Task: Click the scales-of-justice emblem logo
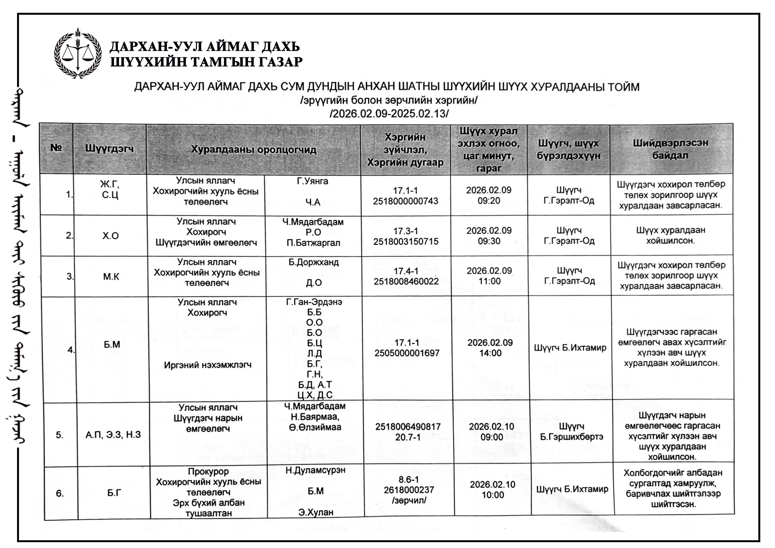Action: pos(77,53)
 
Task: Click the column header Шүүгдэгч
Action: pos(110,149)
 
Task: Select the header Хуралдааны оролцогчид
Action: pos(253,150)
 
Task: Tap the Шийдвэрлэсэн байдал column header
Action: pos(670,149)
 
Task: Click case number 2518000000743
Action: pos(405,201)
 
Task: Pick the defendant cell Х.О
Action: pos(110,236)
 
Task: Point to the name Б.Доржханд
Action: pos(313,262)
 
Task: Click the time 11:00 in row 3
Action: pos(489,281)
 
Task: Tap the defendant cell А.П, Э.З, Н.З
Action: pos(113,434)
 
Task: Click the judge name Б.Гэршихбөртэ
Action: pos(571,437)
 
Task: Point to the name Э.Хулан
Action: pos(315,512)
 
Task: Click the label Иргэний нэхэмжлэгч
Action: pos(208,365)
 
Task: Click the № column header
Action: pos(57,148)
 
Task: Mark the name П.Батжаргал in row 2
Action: pos(313,243)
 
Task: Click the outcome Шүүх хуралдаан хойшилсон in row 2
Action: pos(670,235)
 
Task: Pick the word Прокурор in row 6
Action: pos(208,472)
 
